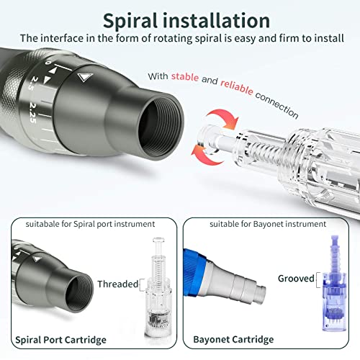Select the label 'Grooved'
click(x=296, y=278)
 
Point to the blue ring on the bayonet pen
click(x=204, y=264)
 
